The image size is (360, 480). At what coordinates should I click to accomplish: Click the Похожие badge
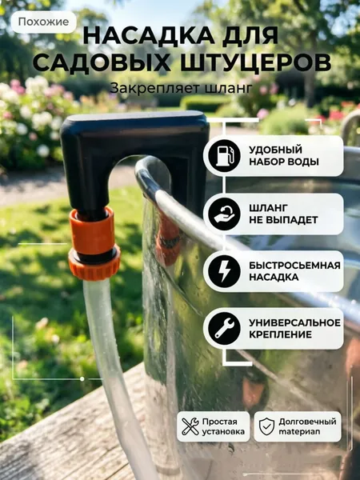click(x=43, y=22)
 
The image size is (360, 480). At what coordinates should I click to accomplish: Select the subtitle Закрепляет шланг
click(x=181, y=89)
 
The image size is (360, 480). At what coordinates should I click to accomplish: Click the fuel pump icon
click(x=224, y=156)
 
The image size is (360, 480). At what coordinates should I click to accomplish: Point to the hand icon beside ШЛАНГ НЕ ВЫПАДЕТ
click(x=224, y=214)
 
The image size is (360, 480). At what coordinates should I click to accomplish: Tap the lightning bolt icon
click(x=224, y=271)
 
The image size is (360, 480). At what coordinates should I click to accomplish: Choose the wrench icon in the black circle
click(x=224, y=329)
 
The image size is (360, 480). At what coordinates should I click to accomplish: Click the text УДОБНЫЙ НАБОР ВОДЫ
click(x=284, y=156)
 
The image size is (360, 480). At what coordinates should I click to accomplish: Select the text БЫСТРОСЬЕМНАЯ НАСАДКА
click(x=294, y=271)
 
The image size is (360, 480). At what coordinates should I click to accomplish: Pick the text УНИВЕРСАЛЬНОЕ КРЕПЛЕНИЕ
click(x=294, y=329)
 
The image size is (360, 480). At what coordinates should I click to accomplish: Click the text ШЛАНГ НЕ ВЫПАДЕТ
click(x=283, y=214)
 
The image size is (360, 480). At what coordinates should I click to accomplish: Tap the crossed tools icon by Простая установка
click(x=190, y=426)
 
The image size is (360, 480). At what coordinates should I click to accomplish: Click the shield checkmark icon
click(x=266, y=426)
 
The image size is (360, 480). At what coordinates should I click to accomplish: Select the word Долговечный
click(x=307, y=422)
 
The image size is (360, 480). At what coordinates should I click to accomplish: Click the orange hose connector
click(x=94, y=244)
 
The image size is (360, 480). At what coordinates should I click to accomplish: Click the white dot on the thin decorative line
click(x=82, y=379)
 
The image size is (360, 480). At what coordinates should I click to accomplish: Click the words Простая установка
click(x=223, y=426)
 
